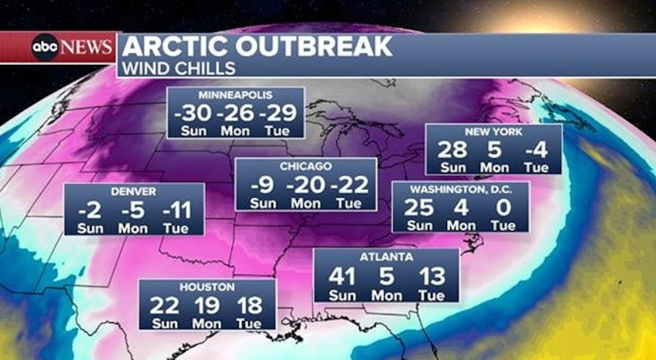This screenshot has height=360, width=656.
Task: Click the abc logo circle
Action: (x=45, y=48)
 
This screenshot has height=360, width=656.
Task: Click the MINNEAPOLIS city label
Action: (x=235, y=95)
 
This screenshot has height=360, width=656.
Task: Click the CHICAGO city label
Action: (x=306, y=166)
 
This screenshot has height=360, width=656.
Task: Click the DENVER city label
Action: (x=134, y=191)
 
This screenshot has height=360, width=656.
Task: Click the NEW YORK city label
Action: (x=493, y=132)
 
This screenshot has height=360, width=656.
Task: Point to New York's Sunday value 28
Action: (x=452, y=150)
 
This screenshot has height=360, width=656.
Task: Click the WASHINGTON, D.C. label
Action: (x=460, y=189)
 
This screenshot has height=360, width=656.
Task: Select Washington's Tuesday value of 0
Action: (x=503, y=208)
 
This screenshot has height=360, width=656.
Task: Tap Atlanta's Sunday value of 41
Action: (x=342, y=276)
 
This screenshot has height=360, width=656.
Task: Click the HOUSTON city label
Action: (x=206, y=287)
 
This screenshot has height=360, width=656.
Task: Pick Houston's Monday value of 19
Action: (x=207, y=305)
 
